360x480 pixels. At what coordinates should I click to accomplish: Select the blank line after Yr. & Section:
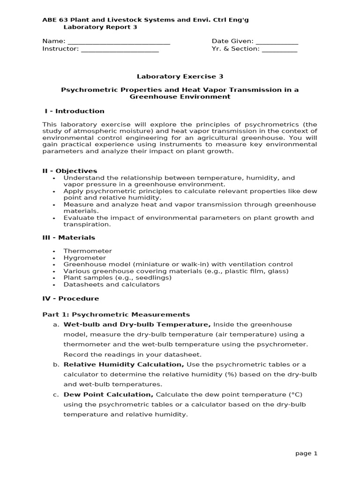[279, 49]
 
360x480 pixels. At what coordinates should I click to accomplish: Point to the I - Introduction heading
[75, 111]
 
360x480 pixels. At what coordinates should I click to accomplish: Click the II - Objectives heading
[70, 171]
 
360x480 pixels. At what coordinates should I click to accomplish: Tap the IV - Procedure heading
[71, 299]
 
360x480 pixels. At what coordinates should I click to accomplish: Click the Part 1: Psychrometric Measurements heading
[116, 315]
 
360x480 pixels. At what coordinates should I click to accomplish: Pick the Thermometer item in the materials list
[88, 251]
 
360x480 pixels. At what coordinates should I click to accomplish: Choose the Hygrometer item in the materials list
[85, 258]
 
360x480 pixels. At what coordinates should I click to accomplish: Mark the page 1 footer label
[306, 453]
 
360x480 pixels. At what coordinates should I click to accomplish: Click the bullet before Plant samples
[55, 278]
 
